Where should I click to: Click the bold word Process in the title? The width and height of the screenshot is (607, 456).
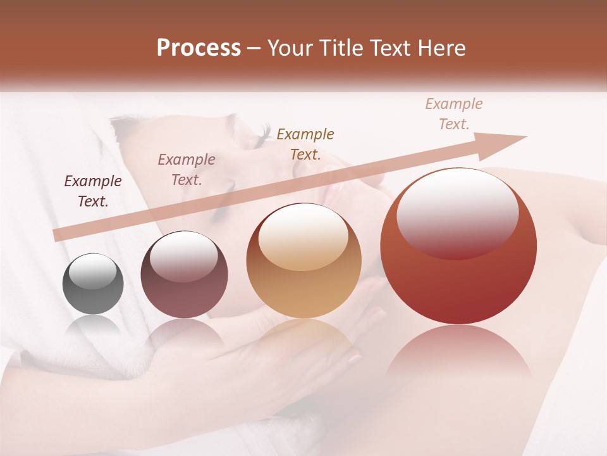[199, 48]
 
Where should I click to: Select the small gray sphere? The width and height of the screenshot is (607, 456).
[93, 284]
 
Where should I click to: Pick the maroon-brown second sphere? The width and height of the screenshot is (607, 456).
[184, 274]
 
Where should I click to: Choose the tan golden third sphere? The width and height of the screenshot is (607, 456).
[304, 261]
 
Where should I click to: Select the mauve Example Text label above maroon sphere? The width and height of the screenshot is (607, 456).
[187, 170]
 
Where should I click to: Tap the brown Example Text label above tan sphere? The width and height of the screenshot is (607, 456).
[305, 144]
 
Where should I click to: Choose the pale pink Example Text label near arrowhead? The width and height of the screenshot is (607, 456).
[454, 114]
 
